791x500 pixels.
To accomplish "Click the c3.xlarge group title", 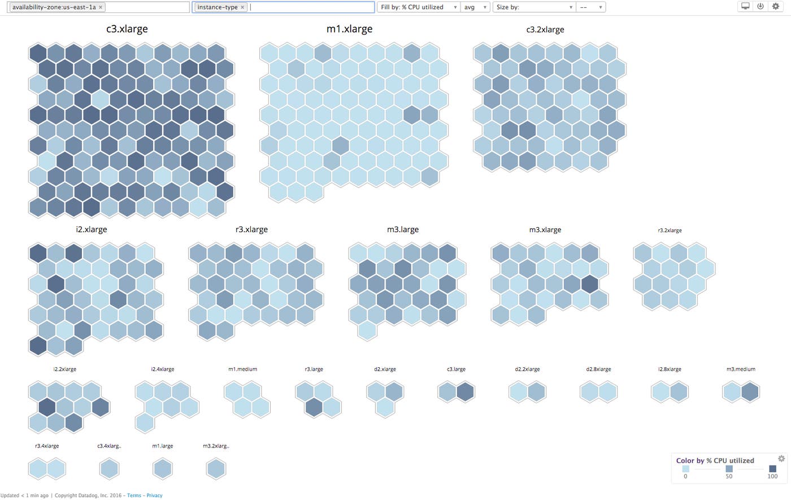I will point(127,29).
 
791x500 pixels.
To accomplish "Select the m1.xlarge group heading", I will point(349,29).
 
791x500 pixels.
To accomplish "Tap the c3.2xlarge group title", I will point(545,29).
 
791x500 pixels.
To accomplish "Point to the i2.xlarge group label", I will point(92,229).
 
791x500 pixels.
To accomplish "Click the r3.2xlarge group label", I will point(670,231).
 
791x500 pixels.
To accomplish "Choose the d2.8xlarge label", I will point(598,369).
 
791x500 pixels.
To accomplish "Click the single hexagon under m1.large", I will point(163,469).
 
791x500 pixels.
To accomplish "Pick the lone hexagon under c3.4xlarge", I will point(109,469).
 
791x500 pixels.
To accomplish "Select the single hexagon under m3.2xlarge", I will point(216,469).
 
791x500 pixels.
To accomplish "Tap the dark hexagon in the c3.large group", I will point(465,392).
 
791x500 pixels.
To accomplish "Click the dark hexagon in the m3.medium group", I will point(750,392).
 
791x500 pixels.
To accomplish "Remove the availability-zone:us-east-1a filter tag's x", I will point(101,7).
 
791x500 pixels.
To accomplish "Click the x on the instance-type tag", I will point(242,7).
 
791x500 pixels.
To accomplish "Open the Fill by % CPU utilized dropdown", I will point(418,7).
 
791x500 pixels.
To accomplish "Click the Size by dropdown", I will point(534,7).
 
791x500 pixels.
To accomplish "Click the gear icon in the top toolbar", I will point(776,6).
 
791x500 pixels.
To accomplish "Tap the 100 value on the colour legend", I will point(772,476).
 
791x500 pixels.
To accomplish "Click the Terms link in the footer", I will point(134,495).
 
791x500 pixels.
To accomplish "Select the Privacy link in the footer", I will point(154,495).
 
